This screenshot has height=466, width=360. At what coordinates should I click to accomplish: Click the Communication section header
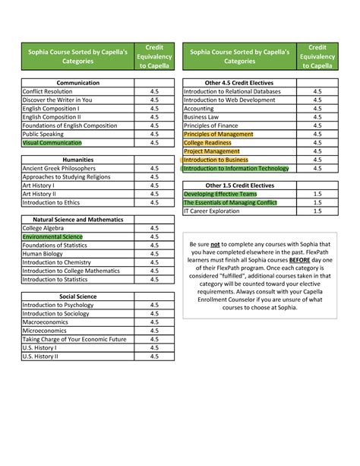(x=77, y=82)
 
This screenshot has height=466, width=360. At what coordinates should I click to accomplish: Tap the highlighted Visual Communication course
(x=52, y=142)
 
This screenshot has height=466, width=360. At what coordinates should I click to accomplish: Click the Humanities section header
(x=77, y=160)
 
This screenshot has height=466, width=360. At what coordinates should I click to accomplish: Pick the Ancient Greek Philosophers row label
(x=59, y=169)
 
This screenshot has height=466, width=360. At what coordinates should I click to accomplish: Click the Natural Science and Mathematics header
(x=77, y=220)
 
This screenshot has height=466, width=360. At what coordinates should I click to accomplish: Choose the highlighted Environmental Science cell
(x=52, y=236)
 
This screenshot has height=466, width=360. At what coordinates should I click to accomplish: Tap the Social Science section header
(x=77, y=296)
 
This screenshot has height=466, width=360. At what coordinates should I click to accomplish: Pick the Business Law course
(x=207, y=117)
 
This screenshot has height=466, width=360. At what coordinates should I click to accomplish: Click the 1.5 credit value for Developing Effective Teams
(x=317, y=194)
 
